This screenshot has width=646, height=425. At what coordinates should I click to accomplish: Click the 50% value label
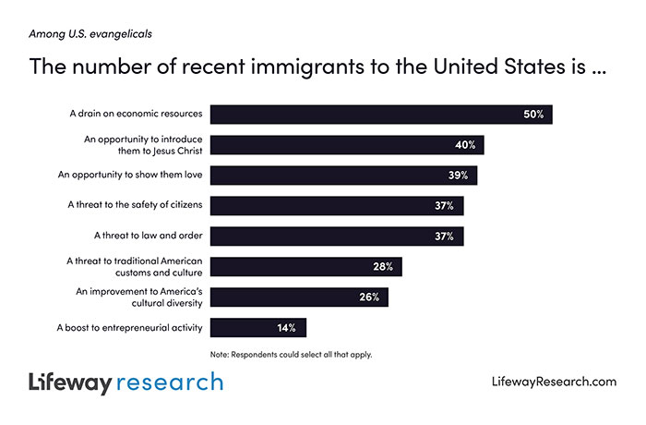click(533, 115)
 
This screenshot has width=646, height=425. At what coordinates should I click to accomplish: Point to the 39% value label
click(459, 176)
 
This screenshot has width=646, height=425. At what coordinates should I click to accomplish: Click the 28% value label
click(384, 267)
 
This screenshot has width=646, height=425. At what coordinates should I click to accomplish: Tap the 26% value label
click(370, 297)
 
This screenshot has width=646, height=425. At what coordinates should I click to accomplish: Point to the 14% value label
click(287, 328)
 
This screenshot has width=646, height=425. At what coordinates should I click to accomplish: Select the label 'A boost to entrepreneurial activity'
click(129, 328)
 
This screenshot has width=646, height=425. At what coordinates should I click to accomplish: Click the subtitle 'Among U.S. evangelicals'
click(90, 35)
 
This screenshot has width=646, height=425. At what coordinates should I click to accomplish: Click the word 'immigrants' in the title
click(277, 67)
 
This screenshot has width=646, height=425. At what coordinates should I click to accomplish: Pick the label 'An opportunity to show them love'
click(129, 176)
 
